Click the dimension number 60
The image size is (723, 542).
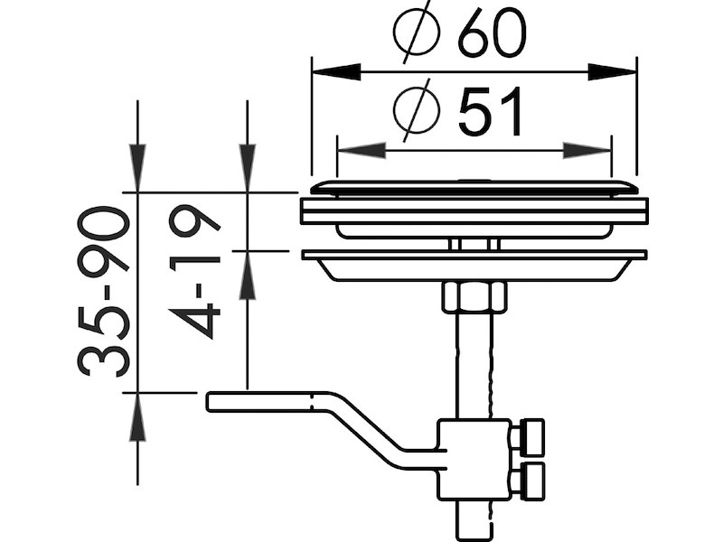point(491,32)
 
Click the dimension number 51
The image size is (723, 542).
point(491,112)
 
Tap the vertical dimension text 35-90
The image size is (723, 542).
point(103,291)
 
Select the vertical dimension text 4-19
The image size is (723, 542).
point(194,272)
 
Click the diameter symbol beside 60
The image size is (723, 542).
point(417,32)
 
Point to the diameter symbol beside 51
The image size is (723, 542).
point(417,109)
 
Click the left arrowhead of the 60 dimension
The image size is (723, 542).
point(336,72)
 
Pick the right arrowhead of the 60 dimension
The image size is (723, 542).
point(612,72)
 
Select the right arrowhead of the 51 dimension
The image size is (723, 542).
point(587,151)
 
